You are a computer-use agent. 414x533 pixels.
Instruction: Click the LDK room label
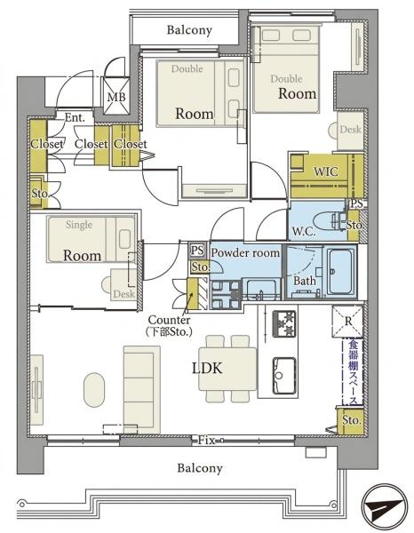[207, 368]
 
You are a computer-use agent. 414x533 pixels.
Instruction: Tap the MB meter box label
[116, 97]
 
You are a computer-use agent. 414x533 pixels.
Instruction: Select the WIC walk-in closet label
[326, 171]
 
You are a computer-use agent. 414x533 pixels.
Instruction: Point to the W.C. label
[304, 232]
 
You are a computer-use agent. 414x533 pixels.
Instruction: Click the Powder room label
[245, 252]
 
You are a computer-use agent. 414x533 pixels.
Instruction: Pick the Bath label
[304, 281]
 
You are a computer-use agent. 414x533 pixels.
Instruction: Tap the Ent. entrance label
[75, 117]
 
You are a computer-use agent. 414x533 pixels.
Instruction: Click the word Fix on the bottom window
[207, 441]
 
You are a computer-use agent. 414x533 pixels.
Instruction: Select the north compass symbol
[385, 507]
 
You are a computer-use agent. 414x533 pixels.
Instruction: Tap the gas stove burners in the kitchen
[283, 322]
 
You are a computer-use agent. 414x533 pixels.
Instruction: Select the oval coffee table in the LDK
[94, 390]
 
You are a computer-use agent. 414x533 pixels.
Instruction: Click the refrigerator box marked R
[347, 321]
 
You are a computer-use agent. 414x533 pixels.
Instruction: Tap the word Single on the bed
[79, 225]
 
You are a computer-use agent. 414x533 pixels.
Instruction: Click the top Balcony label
[189, 30]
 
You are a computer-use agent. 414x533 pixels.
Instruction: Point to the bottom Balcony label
[200, 468]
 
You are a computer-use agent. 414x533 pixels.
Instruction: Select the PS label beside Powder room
[197, 251]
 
